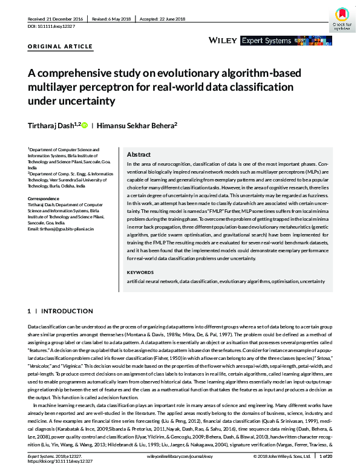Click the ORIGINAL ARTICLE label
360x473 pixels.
click(61, 47)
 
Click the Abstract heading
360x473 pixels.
click(139, 154)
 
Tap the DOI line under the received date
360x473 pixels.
click(52, 27)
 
